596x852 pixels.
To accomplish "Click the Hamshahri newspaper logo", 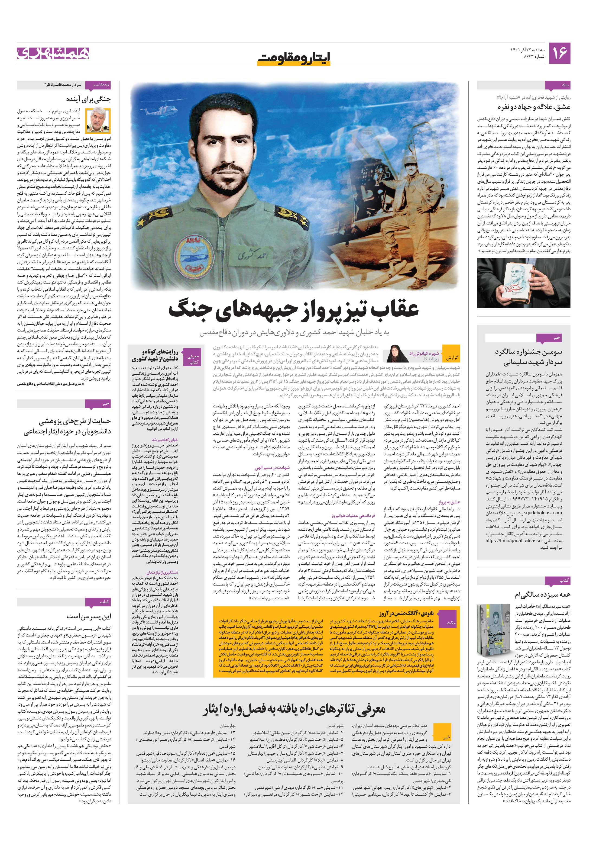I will [53, 53].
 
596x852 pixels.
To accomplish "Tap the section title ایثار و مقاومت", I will [293, 58].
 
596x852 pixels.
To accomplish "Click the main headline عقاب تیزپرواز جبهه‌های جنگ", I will [293, 309].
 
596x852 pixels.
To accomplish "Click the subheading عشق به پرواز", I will [449, 502].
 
